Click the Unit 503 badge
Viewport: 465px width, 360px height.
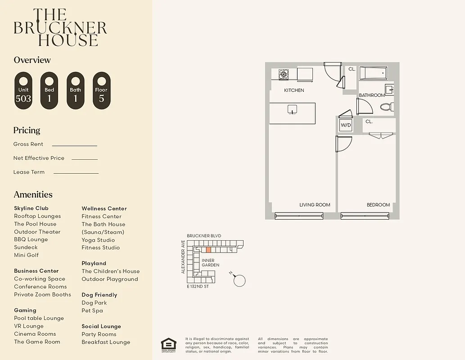23,90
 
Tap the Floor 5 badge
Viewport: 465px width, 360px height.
101,90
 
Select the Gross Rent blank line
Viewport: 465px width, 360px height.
74,145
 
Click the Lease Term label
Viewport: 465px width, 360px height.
29,172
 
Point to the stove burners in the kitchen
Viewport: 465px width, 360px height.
283,74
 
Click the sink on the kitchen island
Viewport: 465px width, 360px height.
292,109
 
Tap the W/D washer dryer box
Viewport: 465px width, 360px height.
346,125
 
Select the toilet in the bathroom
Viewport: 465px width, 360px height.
387,107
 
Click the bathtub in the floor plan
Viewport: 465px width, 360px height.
373,73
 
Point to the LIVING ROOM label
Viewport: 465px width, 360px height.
315,205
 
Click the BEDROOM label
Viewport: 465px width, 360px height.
378,205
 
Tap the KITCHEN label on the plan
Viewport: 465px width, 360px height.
294,90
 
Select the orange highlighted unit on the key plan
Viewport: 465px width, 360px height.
208,249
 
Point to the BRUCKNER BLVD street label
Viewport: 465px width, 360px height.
204,236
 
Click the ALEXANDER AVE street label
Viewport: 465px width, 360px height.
183,257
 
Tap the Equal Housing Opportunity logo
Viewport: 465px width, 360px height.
169,345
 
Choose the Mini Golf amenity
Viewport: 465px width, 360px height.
26,255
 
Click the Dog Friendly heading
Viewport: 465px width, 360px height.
99,295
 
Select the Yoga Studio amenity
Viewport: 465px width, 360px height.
98,240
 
